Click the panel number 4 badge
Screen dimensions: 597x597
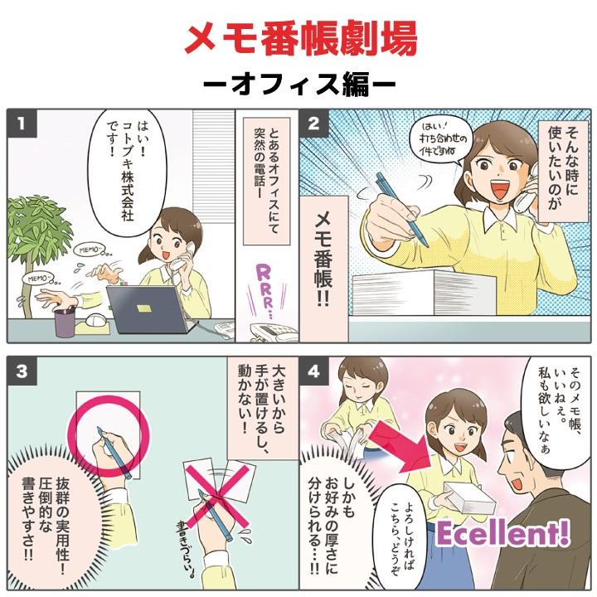coord(313,371)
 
